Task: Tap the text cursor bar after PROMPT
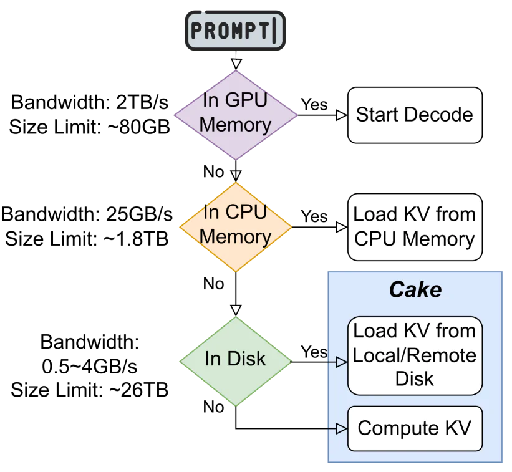(274, 30)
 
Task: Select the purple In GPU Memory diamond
(235, 115)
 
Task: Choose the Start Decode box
(415, 115)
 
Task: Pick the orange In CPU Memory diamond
(235, 226)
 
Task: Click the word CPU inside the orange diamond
(245, 213)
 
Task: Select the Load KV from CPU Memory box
(415, 226)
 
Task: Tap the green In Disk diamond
(235, 360)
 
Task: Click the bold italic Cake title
(415, 290)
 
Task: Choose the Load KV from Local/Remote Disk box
(415, 355)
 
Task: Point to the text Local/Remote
(415, 355)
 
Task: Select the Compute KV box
(415, 428)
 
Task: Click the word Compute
(398, 429)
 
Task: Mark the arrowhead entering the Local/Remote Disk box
(341, 362)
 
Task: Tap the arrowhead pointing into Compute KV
(341, 428)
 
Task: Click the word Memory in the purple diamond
(235, 125)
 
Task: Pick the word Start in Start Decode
(377, 115)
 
